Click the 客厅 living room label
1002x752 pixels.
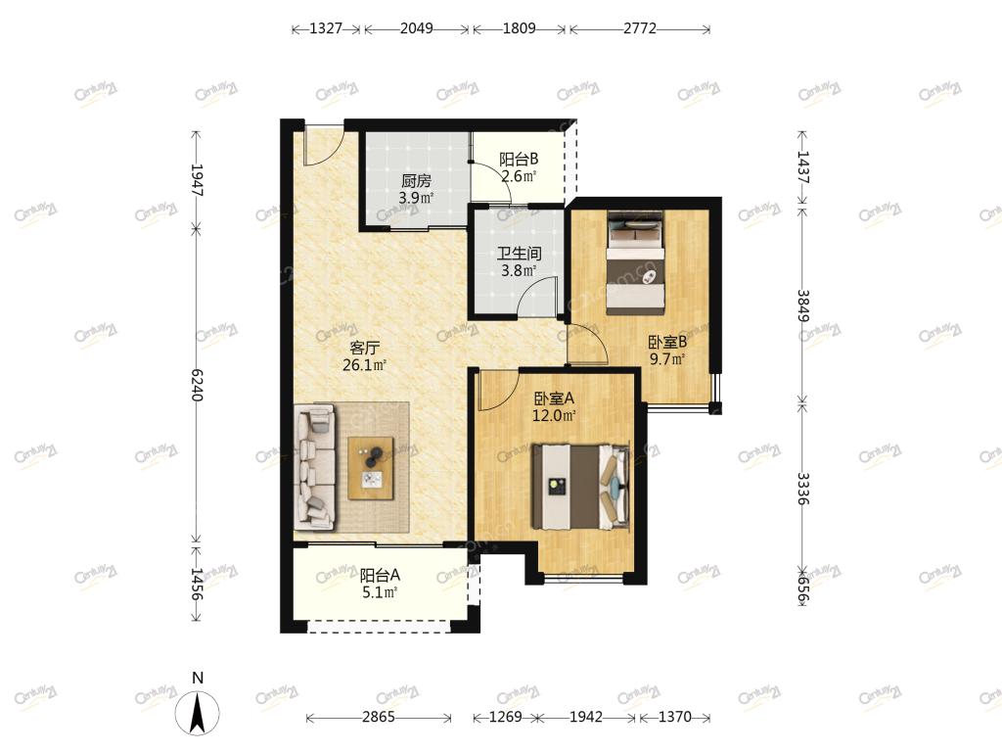pos(365,348)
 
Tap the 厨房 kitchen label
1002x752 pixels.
pos(416,181)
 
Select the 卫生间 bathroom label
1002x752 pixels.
pos(519,254)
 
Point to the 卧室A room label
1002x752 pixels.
pos(554,399)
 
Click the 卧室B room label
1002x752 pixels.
pos(667,342)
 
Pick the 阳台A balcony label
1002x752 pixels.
pos(381,576)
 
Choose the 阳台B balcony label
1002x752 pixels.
pos(519,159)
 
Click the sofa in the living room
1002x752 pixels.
pos(314,466)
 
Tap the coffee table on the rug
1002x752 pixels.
pos(371,468)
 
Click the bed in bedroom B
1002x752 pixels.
pos(636,262)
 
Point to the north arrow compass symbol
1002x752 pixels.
pos(198,711)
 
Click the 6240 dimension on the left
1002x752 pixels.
pos(197,385)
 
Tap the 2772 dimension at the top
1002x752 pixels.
pos(640,28)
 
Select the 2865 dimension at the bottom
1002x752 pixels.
pos(379,717)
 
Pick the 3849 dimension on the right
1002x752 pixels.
pos(803,306)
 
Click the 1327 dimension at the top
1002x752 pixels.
pos(326,28)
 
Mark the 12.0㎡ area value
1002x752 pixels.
pos(554,415)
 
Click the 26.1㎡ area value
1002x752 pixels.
pos(365,365)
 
